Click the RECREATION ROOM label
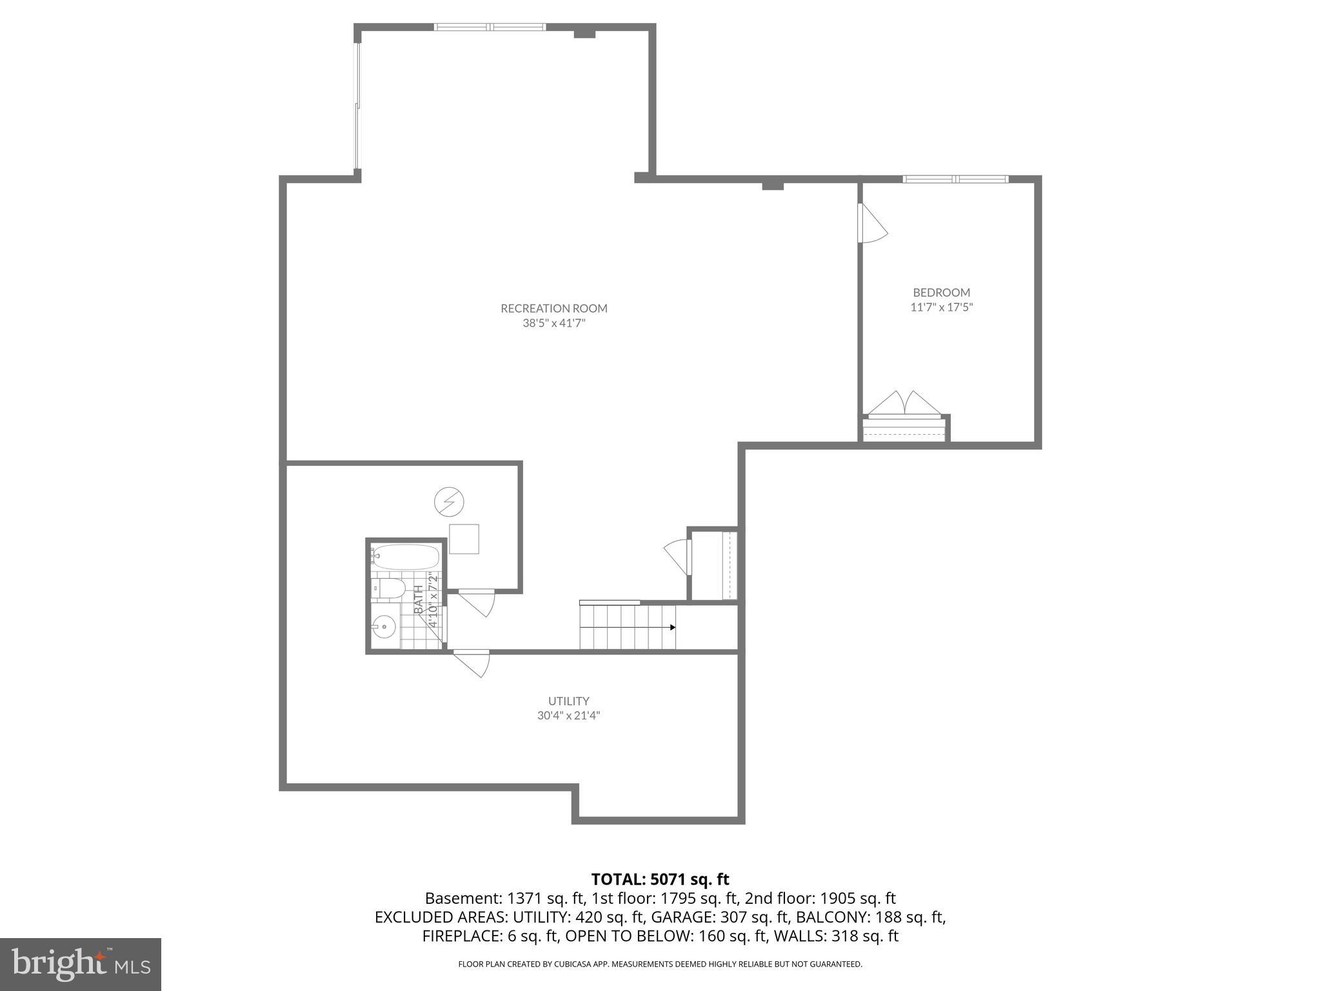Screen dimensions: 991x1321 554,308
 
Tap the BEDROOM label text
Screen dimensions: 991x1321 941,292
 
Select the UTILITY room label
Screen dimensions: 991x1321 568,701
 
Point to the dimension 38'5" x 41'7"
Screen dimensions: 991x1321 554,323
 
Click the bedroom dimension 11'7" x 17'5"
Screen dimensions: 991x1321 941,308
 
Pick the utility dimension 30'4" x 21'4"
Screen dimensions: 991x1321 568,716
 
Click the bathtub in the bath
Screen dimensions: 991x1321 406,556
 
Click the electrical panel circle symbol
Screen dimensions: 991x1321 450,501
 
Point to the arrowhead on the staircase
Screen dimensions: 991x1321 672,627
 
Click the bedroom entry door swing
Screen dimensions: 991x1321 871,224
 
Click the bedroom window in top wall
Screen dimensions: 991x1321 955,179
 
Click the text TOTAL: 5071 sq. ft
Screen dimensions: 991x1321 660,879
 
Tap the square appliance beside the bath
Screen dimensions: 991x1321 464,539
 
